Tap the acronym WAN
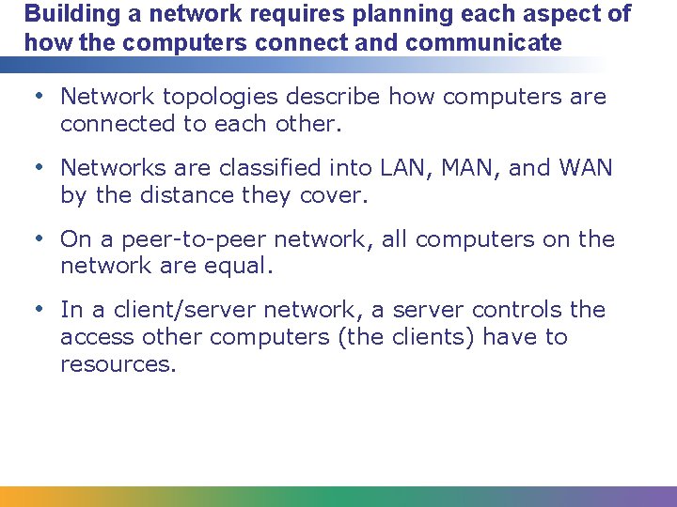pos(585,168)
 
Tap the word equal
pos(240,266)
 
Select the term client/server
pos(176,311)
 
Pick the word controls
pos(507,311)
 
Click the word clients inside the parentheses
pos(434,337)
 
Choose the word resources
pos(118,364)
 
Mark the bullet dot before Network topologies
pos(39,96)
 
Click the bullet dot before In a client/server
pos(39,310)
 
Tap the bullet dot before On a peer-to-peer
pos(39,238)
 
